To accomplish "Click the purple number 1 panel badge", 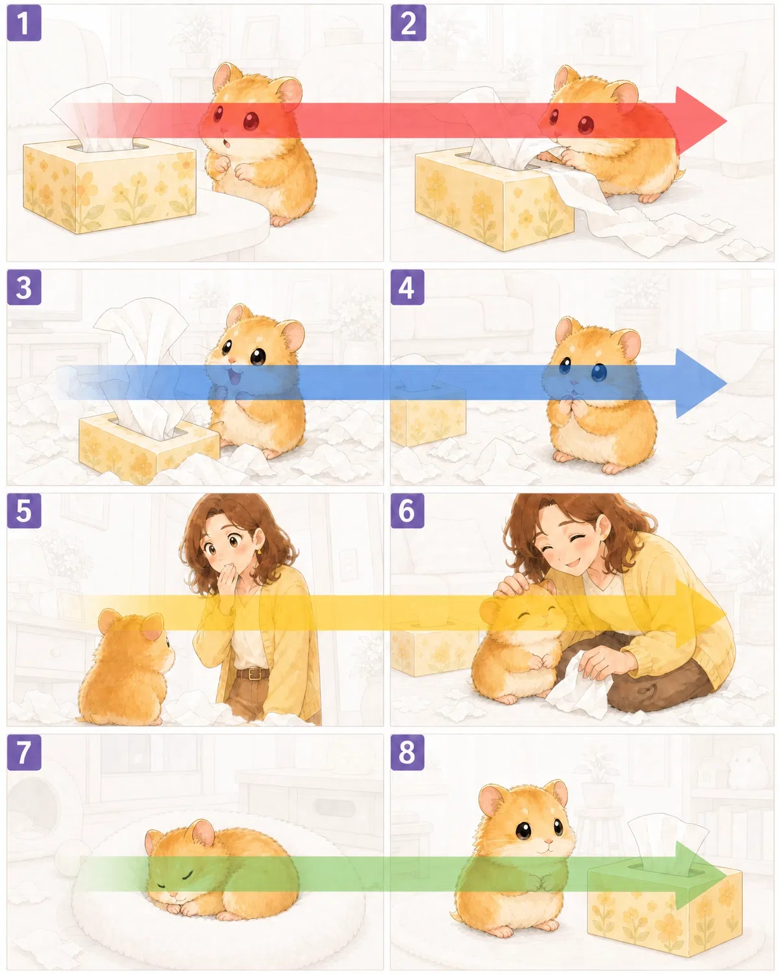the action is [x=24, y=23].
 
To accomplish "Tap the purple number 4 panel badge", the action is [x=408, y=288].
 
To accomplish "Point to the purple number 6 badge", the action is [x=408, y=510].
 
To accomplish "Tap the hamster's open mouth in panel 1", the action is [x=228, y=144].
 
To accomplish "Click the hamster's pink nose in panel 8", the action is [x=549, y=841].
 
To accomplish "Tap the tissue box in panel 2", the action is [x=494, y=199].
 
